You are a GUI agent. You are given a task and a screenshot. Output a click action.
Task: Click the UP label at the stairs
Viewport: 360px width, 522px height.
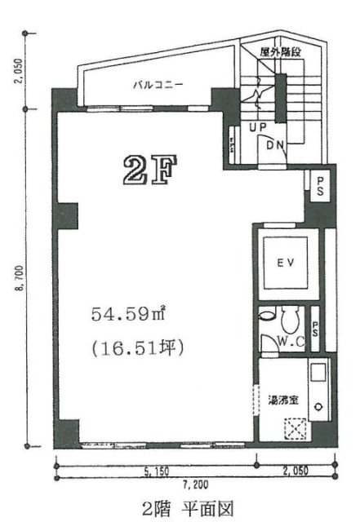point(257,128)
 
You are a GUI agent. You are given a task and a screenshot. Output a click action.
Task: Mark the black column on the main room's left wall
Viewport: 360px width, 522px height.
point(67,215)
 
